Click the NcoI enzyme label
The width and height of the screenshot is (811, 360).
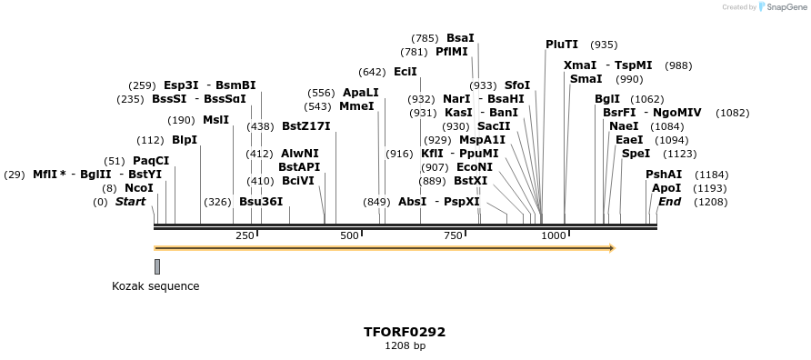click(x=139, y=188)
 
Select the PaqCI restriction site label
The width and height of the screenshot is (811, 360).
click(x=151, y=161)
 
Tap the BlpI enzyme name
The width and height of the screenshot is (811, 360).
click(x=185, y=140)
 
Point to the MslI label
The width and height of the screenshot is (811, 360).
click(x=215, y=120)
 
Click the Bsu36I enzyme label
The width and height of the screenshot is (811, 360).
click(x=261, y=202)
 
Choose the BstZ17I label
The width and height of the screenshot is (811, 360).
click(x=305, y=126)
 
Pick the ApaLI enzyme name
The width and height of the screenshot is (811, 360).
click(x=361, y=93)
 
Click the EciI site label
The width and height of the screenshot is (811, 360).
click(x=405, y=72)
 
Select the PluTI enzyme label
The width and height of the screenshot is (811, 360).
click(x=562, y=45)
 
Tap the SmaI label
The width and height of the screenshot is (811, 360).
click(x=586, y=79)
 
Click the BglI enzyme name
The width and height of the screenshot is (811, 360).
click(x=607, y=99)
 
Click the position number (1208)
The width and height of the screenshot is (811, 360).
click(x=711, y=202)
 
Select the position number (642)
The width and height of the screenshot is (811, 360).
click(x=372, y=72)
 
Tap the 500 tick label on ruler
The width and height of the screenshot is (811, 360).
click(x=350, y=236)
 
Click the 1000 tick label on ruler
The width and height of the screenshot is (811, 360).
click(x=554, y=236)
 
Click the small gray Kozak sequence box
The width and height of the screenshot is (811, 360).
click(x=157, y=266)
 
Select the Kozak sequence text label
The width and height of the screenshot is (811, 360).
click(x=155, y=286)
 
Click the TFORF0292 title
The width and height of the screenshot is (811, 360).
click(x=405, y=332)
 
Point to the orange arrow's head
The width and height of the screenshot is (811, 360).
click(x=612, y=248)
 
